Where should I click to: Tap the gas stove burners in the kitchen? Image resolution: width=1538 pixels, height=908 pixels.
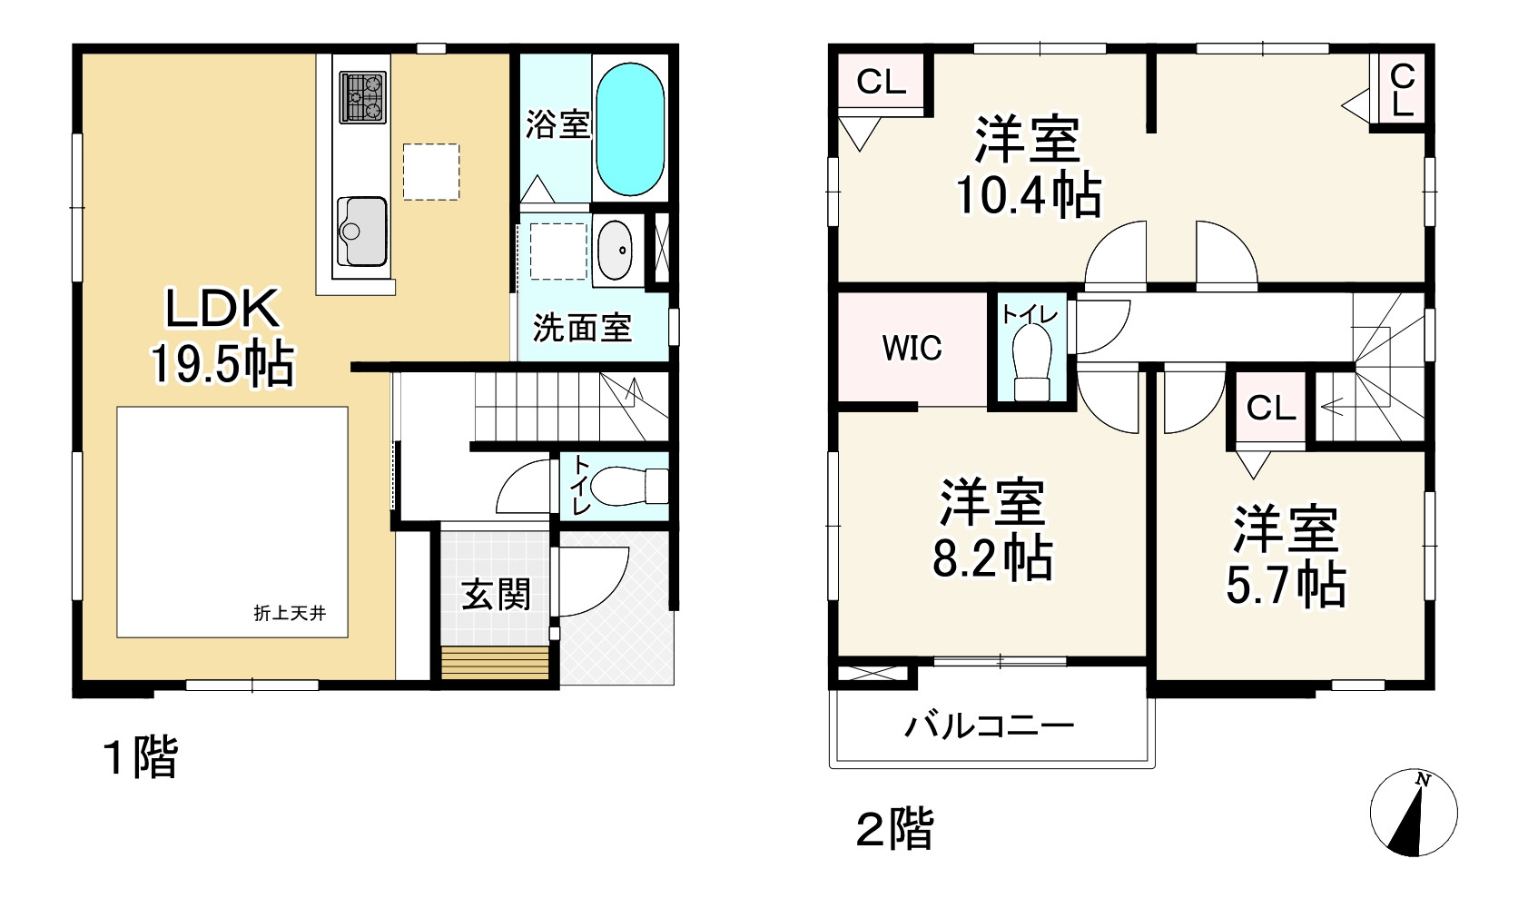[363, 97]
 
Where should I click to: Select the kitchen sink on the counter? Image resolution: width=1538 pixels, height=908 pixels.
[362, 231]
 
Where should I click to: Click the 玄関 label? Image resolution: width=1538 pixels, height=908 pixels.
[496, 595]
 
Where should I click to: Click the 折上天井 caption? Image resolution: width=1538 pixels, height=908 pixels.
[289, 614]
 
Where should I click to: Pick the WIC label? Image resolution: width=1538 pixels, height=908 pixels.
[912, 349]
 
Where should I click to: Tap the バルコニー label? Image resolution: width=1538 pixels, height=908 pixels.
[990, 725]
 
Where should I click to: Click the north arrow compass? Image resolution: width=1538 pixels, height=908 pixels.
[1413, 813]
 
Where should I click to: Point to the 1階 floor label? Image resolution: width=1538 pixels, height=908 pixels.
[142, 758]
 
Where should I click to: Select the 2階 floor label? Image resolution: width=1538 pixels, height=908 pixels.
[895, 829]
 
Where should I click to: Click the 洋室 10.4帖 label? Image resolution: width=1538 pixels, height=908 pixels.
[1029, 166]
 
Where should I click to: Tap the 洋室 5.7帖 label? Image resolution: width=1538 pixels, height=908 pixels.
[1286, 557]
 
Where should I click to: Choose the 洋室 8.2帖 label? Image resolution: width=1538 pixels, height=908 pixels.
[992, 529]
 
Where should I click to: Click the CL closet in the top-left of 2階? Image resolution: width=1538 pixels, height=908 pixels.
[881, 83]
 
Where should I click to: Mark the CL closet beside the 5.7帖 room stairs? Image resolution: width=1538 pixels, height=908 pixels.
[1270, 408]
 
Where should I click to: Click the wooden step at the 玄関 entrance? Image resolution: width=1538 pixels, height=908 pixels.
[496, 660]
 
